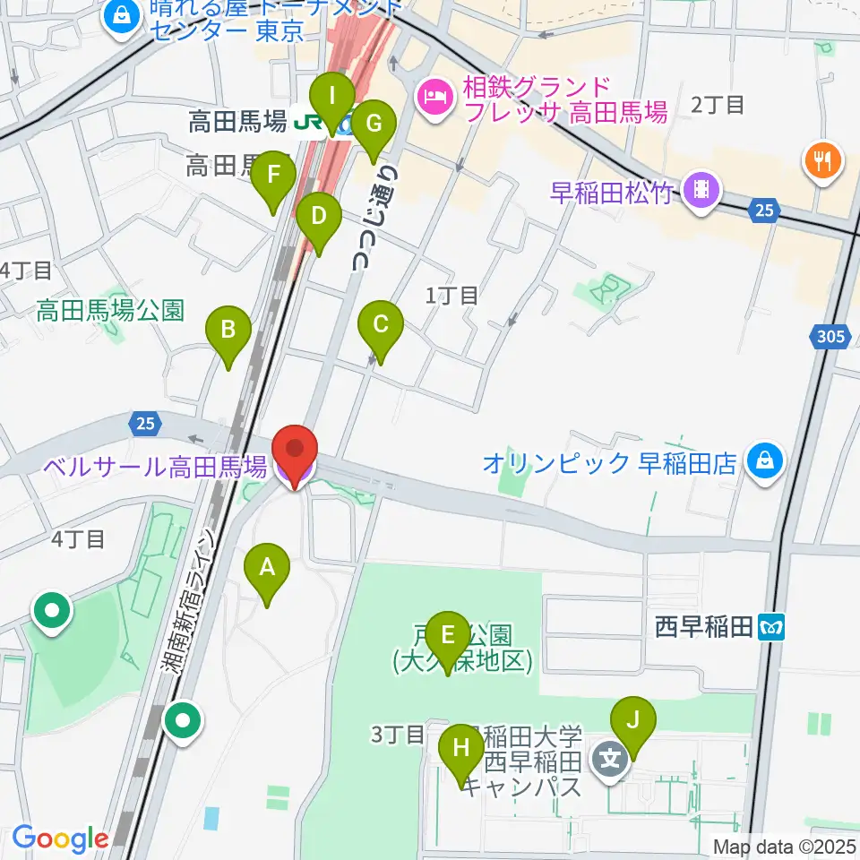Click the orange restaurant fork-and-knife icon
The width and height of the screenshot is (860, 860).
pos(821,161)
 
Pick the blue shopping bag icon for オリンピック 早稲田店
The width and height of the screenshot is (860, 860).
pos(767,462)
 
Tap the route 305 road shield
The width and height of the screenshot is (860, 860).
pos(830,338)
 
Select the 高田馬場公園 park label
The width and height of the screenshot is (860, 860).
pos(110,311)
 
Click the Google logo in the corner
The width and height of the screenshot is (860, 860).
pos(60,838)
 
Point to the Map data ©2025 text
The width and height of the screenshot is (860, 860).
pos(783,846)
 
